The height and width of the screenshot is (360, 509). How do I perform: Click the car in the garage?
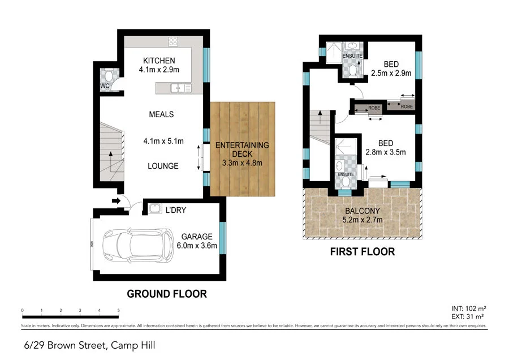136,245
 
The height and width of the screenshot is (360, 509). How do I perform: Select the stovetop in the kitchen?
174,41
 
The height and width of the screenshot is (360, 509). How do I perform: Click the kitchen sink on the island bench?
179,88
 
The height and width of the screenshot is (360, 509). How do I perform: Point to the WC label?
104,86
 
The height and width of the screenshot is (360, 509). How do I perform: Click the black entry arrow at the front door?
116,200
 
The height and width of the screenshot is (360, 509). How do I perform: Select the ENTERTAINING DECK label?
242,149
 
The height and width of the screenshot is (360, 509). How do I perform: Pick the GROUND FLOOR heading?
166,294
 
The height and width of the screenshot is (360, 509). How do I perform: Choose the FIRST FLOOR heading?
362,251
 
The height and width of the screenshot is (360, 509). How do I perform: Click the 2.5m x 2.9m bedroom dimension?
391,73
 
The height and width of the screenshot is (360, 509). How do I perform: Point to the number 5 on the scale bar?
118,310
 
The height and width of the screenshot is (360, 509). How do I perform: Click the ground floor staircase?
111,150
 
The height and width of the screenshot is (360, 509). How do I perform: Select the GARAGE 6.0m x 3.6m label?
197,241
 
